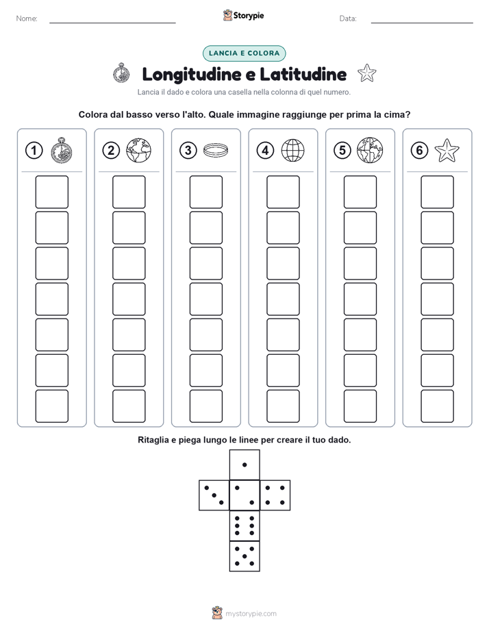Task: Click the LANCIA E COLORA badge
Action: click(x=244, y=53)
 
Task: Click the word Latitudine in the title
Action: click(x=303, y=74)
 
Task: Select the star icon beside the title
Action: click(x=367, y=73)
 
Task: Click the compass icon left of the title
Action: click(x=121, y=73)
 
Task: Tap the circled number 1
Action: click(x=34, y=151)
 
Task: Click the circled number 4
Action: click(x=265, y=151)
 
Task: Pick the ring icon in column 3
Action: click(x=216, y=151)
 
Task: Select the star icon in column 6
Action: click(x=447, y=150)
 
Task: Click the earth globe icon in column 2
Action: click(x=138, y=150)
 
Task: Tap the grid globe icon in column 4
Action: click(x=292, y=150)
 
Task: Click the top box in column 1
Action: click(x=51, y=192)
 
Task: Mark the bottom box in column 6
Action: click(x=437, y=406)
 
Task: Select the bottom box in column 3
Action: click(x=205, y=406)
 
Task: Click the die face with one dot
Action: click(x=244, y=464)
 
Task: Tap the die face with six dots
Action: click(x=244, y=525)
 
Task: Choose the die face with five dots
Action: click(x=244, y=556)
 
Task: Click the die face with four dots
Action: click(x=275, y=495)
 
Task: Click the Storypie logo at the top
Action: click(x=243, y=15)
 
